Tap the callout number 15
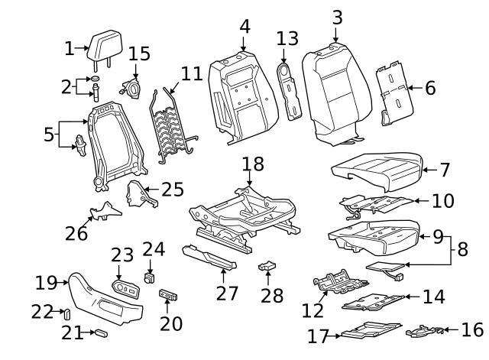point(139,54)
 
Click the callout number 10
point(442,201)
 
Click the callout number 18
point(253,164)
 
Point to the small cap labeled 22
point(66,312)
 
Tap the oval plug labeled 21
point(99,333)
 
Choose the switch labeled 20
point(167,294)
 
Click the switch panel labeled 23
point(128,287)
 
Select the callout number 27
point(226,294)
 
